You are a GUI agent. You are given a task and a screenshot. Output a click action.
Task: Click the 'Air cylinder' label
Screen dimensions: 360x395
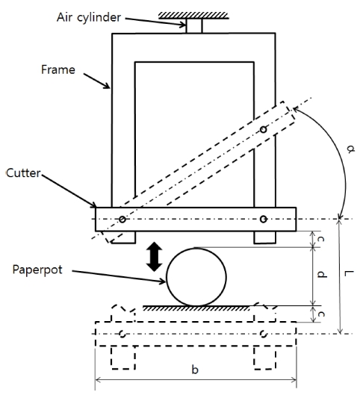click(89, 18)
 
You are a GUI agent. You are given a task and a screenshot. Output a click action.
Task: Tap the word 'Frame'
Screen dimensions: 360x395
click(58, 69)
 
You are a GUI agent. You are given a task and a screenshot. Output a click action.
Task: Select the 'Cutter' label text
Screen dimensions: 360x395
click(23, 173)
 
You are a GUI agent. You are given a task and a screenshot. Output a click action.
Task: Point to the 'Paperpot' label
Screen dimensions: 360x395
click(37, 270)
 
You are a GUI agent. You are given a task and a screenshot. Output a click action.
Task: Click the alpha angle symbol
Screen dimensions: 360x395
click(350, 149)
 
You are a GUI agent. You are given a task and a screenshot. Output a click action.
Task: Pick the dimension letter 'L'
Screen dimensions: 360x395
click(349, 273)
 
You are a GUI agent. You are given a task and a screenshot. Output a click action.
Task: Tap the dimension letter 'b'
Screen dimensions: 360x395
click(195, 370)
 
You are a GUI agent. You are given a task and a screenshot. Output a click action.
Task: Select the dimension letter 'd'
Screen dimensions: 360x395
click(322, 274)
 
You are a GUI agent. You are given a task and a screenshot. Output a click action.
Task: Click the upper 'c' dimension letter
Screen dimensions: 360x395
click(320, 239)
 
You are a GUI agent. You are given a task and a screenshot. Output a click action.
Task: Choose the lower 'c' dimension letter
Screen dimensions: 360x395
click(321, 314)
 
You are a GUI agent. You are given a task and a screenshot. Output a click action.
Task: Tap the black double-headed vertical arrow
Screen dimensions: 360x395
click(154, 257)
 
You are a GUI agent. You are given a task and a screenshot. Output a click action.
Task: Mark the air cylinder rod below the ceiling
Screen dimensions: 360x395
click(194, 26)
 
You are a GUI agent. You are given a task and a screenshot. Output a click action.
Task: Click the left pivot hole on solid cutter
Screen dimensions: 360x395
click(122, 220)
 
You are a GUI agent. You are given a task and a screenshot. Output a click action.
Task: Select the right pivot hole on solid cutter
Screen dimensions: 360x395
click(263, 219)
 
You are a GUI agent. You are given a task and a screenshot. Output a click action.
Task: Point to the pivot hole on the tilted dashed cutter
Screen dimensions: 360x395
click(263, 129)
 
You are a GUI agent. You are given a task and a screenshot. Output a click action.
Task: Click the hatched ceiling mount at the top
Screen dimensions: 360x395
click(193, 16)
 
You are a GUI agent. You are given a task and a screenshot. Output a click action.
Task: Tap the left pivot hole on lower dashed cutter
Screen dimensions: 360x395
click(122, 334)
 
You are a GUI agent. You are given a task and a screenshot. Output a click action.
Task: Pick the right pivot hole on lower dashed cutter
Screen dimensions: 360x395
click(263, 334)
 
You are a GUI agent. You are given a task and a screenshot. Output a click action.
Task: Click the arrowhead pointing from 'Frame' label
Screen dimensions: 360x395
click(107, 86)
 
